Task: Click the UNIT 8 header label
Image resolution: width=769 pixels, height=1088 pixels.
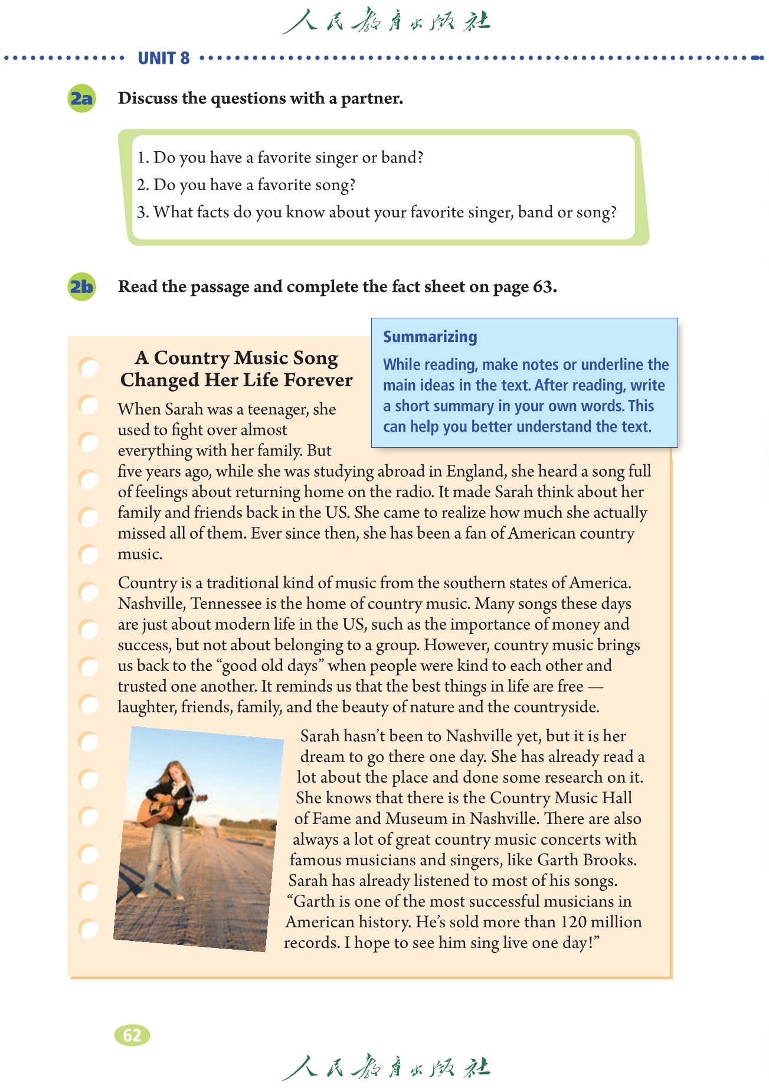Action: click(x=163, y=58)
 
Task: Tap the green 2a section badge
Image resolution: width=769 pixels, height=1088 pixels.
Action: click(x=81, y=98)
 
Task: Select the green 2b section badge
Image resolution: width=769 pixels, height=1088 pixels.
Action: click(x=81, y=287)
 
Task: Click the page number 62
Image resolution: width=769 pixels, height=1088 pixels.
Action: click(x=132, y=1035)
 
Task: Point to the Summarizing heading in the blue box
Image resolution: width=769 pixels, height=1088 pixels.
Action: click(x=430, y=337)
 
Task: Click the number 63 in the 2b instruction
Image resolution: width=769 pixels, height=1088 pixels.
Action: click(x=544, y=287)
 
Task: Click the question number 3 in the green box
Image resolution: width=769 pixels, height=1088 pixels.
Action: click(x=142, y=212)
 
